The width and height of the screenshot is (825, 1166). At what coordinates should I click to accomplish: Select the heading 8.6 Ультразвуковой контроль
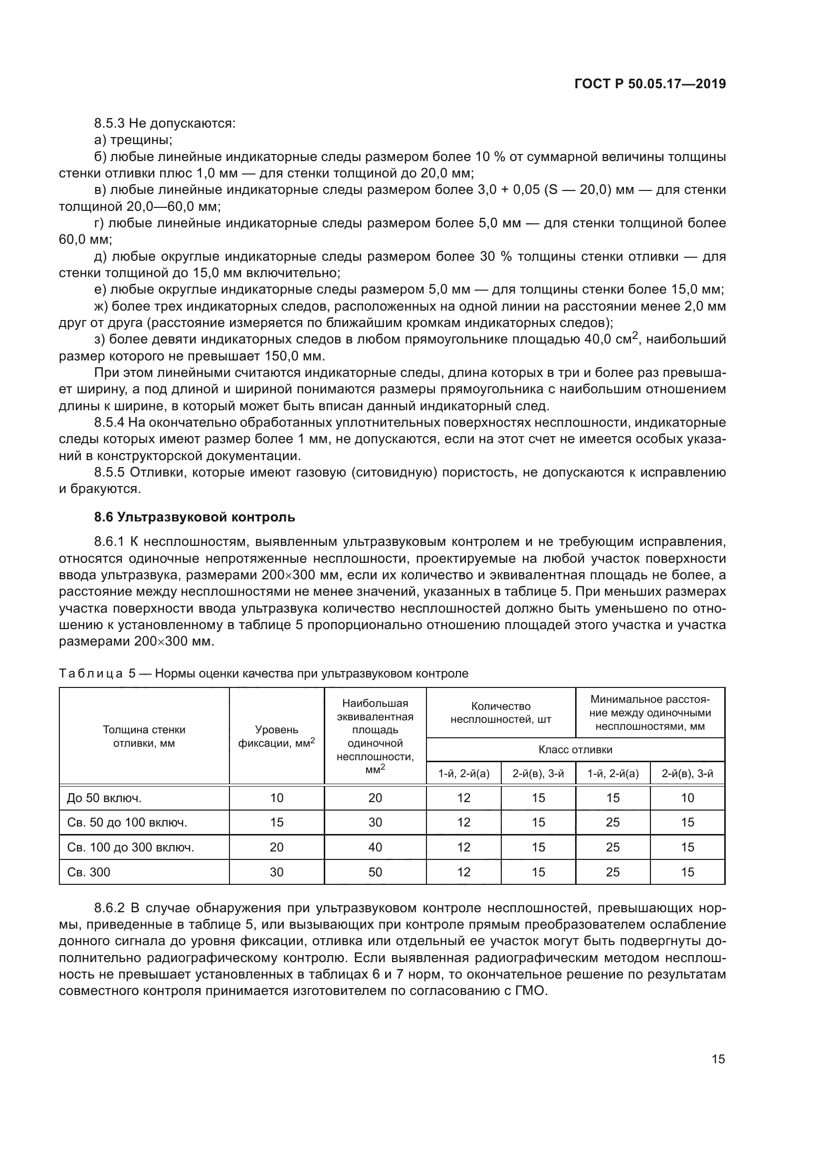tap(195, 517)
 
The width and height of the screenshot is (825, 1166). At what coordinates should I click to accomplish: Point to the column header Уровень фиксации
tap(276, 736)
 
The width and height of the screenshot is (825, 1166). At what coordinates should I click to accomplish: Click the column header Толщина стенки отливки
tap(144, 736)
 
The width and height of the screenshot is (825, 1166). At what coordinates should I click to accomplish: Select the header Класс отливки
tap(575, 750)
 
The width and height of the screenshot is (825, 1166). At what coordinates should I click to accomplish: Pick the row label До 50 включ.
tap(104, 798)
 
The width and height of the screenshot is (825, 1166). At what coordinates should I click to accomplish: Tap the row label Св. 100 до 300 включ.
tap(131, 847)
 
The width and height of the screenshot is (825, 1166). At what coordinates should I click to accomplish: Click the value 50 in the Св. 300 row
tap(375, 872)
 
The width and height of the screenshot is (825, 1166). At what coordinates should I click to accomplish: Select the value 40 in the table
tap(375, 847)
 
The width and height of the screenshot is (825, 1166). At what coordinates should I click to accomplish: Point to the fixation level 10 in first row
tap(276, 798)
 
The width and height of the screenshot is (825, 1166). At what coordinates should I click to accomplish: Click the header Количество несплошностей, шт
tap(500, 712)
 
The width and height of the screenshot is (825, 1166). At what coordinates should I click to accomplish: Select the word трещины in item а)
tap(141, 140)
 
